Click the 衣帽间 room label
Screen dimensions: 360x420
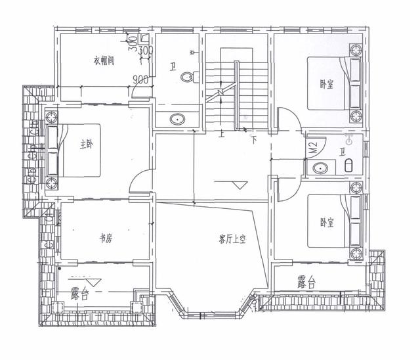click(104, 62)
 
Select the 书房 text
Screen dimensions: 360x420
click(105, 239)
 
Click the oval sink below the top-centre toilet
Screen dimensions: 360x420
click(177, 120)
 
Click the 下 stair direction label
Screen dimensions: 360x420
click(253, 139)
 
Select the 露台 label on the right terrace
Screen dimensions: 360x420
click(306, 283)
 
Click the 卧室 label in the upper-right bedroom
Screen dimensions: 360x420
click(326, 83)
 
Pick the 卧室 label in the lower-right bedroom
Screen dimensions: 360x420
click(326, 222)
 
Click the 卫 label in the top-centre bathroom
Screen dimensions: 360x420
click(172, 66)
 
